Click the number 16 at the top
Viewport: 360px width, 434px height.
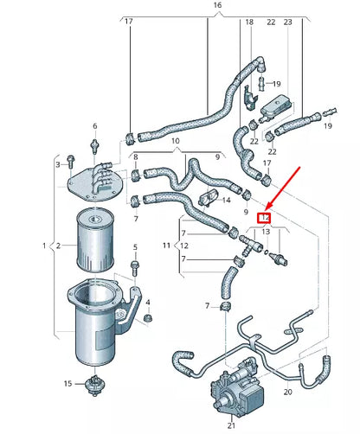point(217,5)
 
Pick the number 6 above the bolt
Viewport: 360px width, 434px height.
point(93,127)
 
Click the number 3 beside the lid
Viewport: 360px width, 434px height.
point(59,164)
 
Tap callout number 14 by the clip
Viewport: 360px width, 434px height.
point(227,200)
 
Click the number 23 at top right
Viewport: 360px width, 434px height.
point(287,21)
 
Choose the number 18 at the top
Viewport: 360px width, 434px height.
point(249,21)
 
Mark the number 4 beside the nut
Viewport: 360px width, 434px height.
point(148,303)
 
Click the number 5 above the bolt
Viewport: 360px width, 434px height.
point(135,246)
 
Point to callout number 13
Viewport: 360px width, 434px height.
point(267,232)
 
